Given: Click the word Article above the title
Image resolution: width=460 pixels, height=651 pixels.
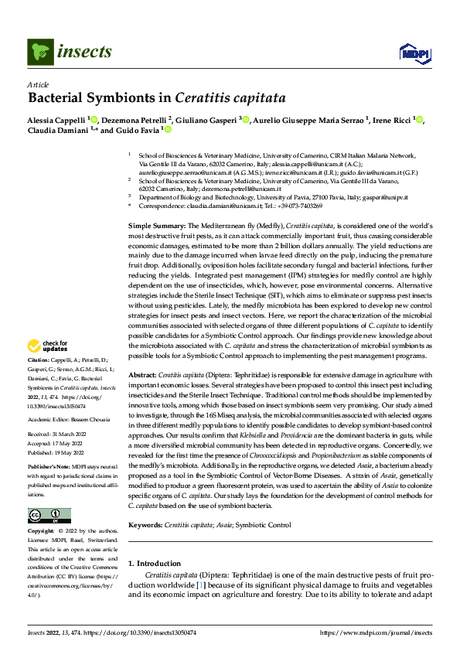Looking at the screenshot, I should pos(38,85).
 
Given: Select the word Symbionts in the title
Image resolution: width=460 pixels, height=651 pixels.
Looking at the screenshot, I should pos(126,99).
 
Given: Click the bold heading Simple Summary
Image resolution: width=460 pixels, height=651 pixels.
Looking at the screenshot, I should pos(157,224).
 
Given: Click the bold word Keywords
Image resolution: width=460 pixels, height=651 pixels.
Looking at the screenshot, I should pos(145,525).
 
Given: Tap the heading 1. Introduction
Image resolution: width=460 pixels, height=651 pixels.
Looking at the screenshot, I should pos(155,564).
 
